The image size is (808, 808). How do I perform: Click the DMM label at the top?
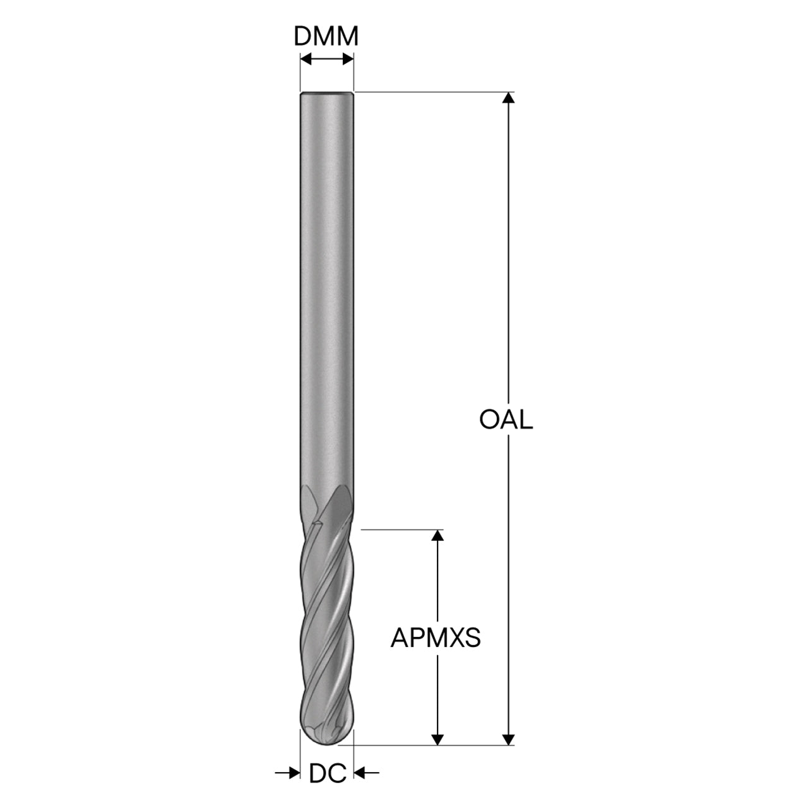coord(326,37)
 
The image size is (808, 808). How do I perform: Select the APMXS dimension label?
coord(436,638)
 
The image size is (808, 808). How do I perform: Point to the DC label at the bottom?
coord(328,773)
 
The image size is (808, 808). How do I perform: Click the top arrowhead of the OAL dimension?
coord(508,97)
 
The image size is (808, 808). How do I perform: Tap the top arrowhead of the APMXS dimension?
coord(437,535)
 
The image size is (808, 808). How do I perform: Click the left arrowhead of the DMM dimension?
coord(307,59)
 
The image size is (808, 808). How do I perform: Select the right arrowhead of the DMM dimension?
coord(348,59)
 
